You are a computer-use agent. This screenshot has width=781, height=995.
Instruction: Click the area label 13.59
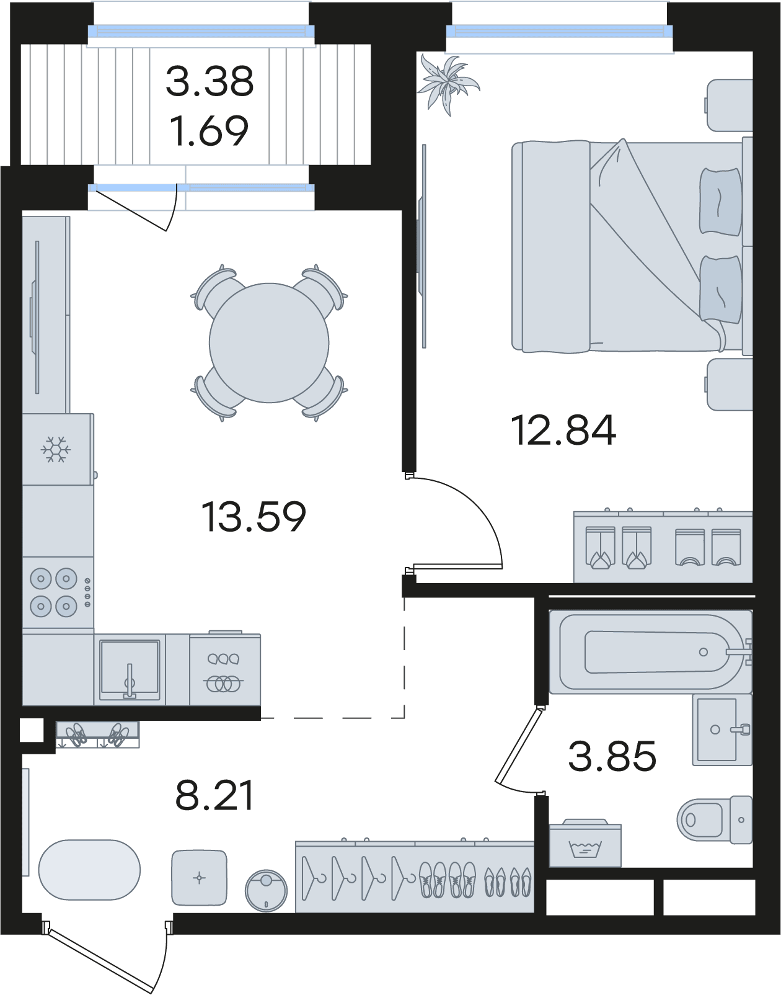click(254, 517)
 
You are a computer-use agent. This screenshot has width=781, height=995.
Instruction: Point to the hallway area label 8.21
click(214, 796)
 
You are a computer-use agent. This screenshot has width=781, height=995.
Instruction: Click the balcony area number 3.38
click(210, 81)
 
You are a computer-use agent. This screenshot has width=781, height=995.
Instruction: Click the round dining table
click(269, 342)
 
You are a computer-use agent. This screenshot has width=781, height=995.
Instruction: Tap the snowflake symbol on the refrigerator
click(56, 449)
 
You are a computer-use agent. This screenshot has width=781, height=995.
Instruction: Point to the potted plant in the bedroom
click(448, 84)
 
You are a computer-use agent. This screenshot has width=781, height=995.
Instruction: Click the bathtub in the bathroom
click(650, 651)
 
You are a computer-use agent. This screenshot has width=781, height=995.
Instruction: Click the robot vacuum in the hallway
click(267, 891)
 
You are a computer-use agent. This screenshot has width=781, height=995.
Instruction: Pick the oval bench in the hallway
click(89, 870)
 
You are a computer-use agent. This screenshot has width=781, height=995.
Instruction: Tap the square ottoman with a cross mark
click(200, 878)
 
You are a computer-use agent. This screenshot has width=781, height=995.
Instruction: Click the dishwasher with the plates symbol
click(224, 669)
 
